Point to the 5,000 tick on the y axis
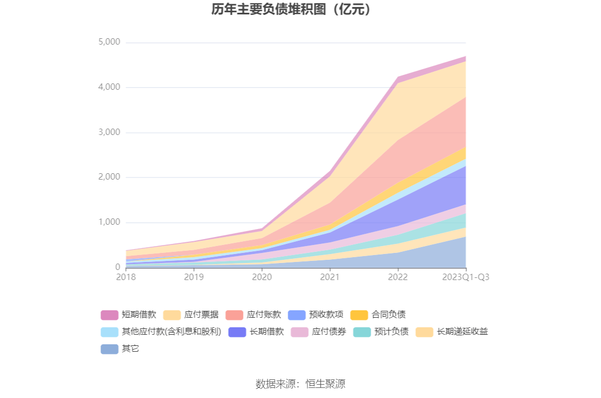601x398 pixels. pyautogui.click(x=110, y=42)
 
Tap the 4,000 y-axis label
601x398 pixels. pyautogui.click(x=110, y=87)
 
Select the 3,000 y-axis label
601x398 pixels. pyautogui.click(x=110, y=132)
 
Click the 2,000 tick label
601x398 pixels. pyautogui.click(x=110, y=177)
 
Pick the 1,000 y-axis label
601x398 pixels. pyautogui.click(x=110, y=222)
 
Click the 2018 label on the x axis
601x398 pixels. pyautogui.click(x=126, y=277)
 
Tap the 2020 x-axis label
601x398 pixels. pyautogui.click(x=262, y=277)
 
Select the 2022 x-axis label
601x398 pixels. pyautogui.click(x=398, y=277)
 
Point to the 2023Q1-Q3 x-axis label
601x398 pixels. pyautogui.click(x=466, y=277)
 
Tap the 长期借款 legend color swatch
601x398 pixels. pyautogui.click(x=237, y=332)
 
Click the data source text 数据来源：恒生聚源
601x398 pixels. pyautogui.click(x=300, y=384)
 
